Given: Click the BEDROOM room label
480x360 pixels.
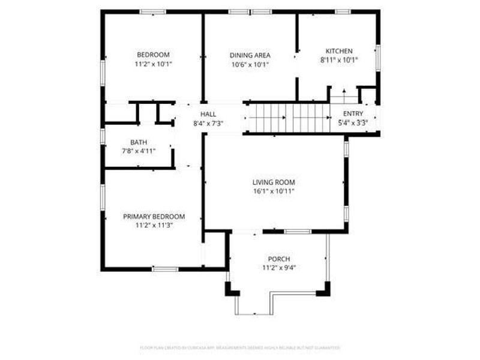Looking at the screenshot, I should (x=153, y=54).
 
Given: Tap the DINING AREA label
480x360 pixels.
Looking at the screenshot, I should (x=250, y=55).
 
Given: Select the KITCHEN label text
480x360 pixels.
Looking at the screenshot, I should (x=339, y=51).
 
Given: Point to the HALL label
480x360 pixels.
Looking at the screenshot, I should (x=208, y=114).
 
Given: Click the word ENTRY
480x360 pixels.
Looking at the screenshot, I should (x=353, y=113).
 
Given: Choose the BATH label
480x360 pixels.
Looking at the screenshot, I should (x=139, y=142).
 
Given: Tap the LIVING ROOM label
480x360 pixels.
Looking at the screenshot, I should (x=273, y=182).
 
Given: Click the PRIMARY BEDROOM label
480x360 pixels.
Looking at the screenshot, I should (x=154, y=217).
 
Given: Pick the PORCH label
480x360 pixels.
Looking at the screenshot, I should (x=279, y=259).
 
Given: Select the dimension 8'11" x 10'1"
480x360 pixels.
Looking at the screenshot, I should (x=339, y=60).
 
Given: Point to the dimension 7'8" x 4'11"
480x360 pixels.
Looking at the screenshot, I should (x=139, y=151).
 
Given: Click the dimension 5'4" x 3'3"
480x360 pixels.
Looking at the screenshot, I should (x=353, y=122).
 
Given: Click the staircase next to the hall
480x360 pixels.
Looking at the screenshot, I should (x=289, y=117).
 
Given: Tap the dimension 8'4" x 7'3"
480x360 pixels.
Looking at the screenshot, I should (x=208, y=123).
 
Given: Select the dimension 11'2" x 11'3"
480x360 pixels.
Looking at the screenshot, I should (x=154, y=226).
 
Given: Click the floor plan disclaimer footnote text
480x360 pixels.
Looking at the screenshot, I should (x=240, y=347).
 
